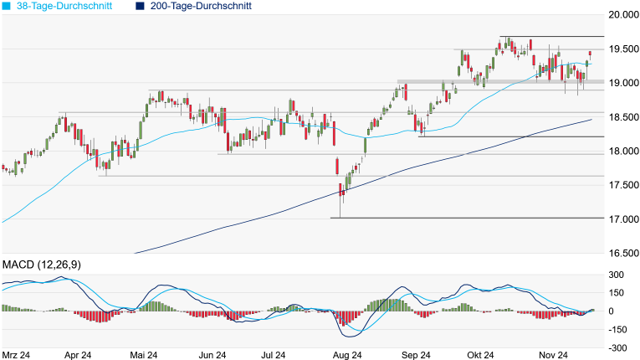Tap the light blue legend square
[x=7, y=6]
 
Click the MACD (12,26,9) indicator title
[x=41, y=265]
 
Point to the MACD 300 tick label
[x=617, y=275]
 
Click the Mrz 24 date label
[x=17, y=355]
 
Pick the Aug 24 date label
[x=346, y=355]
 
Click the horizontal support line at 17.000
[x=468, y=219]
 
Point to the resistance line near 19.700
[x=552, y=37]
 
